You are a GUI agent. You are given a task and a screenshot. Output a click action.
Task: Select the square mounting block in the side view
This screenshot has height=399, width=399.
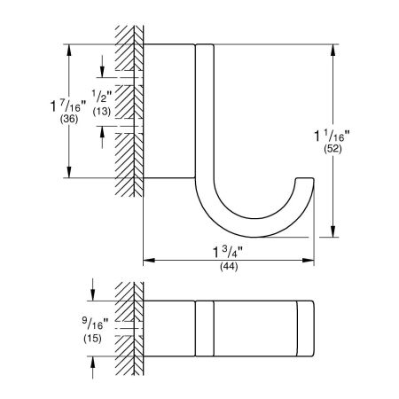[167, 111]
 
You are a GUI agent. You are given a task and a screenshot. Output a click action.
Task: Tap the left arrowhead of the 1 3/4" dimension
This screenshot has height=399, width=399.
[147, 261]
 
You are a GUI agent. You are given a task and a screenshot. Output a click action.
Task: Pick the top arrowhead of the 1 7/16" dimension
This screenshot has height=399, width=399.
[70, 48]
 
